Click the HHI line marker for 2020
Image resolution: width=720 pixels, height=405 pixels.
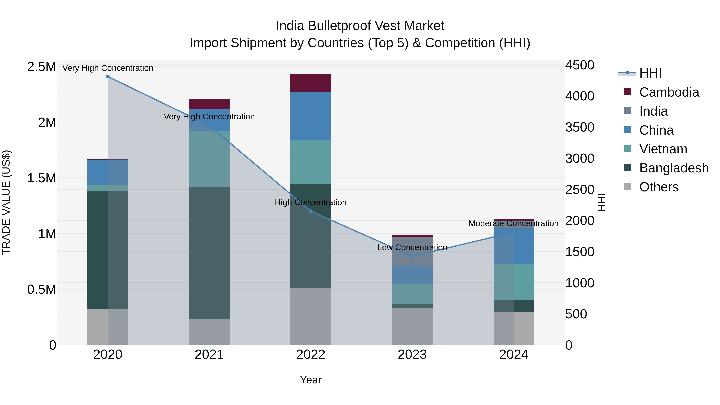tap(108, 77)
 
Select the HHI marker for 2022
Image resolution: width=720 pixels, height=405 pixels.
tap(311, 211)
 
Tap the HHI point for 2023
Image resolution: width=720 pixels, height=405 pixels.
tap(412, 256)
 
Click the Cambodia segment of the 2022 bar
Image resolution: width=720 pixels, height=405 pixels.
tap(311, 83)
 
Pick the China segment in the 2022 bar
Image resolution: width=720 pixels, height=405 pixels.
tap(311, 116)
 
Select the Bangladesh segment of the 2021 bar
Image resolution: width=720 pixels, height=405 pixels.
tap(209, 253)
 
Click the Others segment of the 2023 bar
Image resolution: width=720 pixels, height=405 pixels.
tap(412, 326)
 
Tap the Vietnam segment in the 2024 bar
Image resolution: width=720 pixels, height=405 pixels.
tap(514, 282)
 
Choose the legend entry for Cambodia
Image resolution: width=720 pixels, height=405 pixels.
tap(669, 92)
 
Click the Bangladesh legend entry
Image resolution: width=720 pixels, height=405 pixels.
tap(674, 168)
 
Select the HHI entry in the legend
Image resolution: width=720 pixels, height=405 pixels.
tap(650, 73)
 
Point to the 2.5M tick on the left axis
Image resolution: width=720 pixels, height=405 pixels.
tap(41, 67)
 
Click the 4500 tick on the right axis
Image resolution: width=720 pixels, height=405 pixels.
tap(580, 65)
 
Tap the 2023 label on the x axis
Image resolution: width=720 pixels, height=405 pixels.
tap(412, 355)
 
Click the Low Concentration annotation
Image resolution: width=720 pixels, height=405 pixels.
tap(412, 247)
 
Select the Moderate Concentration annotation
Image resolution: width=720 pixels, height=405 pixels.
tap(513, 223)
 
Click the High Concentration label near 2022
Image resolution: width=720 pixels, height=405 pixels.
tap(311, 202)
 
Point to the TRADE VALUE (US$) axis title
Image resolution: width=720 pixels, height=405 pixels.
tap(6, 202)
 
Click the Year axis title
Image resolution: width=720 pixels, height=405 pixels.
tap(311, 380)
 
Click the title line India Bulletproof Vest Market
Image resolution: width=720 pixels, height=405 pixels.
tap(360, 26)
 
